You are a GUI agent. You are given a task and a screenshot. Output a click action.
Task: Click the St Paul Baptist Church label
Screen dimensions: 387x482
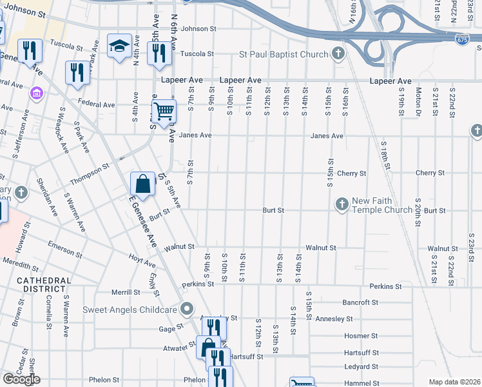click(x=284, y=54)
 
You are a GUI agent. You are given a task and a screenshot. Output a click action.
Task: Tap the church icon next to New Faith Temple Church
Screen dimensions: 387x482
click(x=342, y=204)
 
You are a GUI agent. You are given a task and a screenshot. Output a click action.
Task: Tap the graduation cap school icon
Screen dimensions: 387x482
click(x=119, y=46)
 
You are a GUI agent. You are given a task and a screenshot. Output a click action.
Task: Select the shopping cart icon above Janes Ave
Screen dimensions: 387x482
click(x=164, y=111)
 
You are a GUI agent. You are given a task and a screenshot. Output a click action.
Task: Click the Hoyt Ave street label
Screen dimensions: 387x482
click(x=142, y=263)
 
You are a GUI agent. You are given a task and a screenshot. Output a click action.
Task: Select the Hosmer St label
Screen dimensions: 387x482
click(x=361, y=336)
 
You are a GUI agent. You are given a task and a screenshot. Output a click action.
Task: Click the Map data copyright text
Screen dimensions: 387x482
click(x=454, y=381)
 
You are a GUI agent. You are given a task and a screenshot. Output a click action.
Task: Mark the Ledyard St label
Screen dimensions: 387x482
click(x=361, y=367)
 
